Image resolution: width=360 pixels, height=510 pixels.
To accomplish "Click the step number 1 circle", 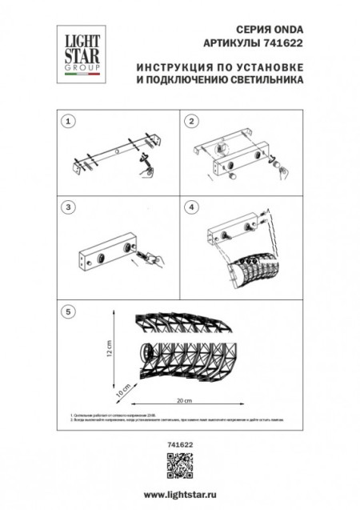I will [70, 122].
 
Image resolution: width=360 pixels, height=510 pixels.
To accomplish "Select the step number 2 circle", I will [191, 122].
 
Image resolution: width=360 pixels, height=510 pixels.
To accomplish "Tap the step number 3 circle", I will [70, 207].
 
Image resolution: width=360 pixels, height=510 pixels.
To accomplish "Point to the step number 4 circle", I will [191, 207].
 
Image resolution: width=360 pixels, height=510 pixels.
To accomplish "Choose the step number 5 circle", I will [70, 311].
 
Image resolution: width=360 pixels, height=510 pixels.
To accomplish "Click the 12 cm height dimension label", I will [110, 348].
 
